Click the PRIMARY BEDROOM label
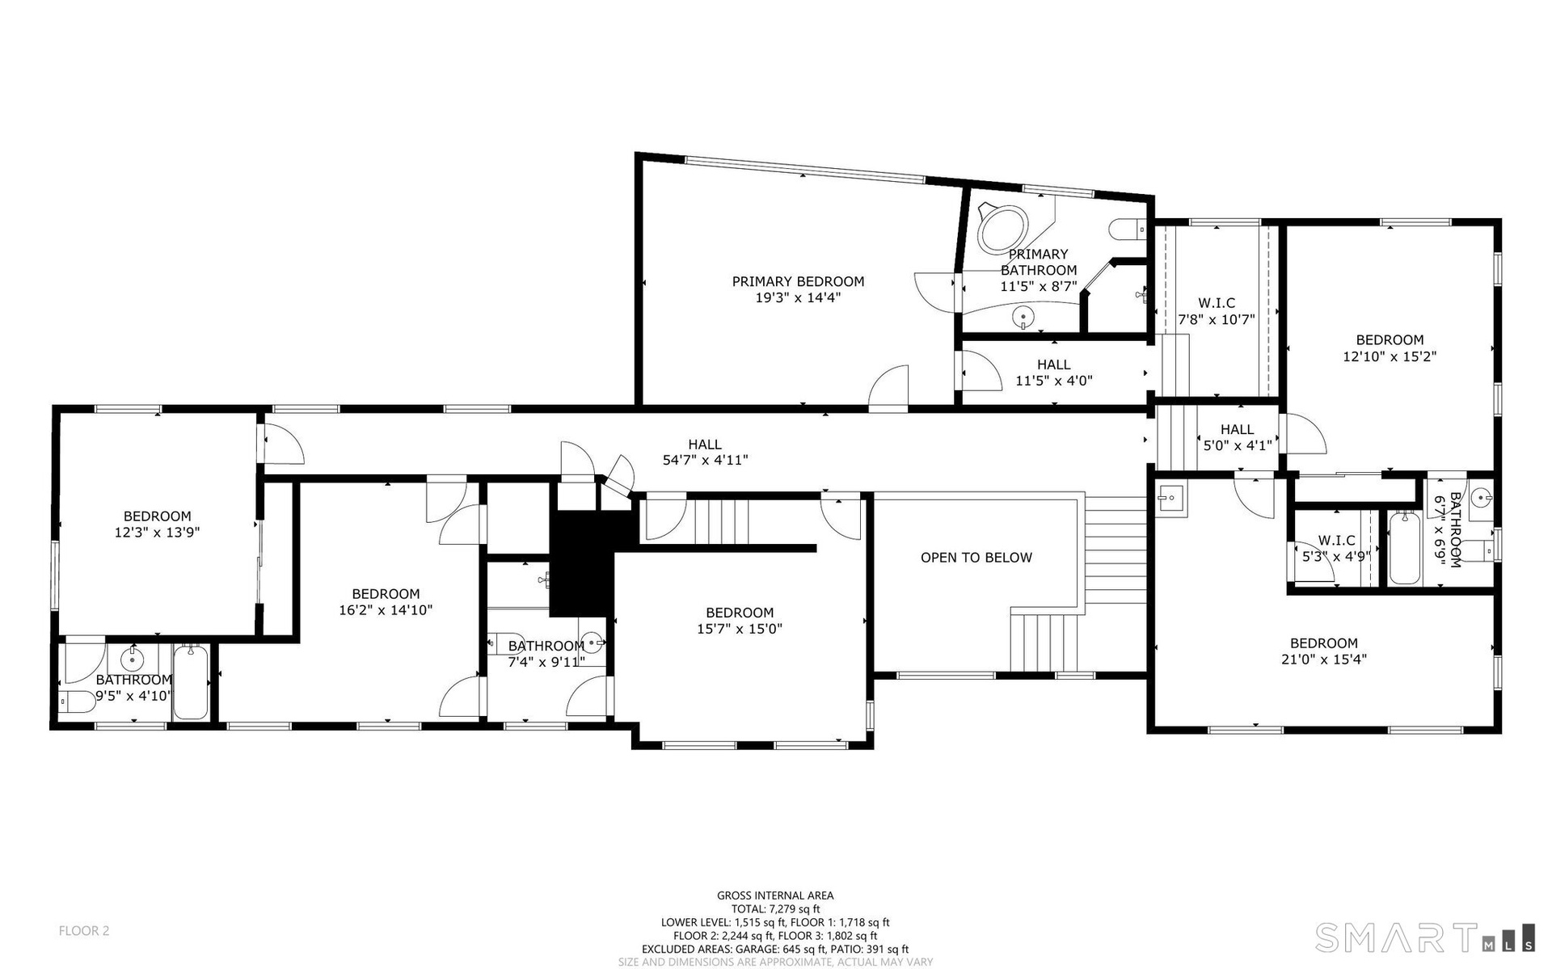798,281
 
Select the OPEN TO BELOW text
976,558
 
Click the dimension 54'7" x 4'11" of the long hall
705,461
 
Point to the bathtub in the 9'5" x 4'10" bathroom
191,681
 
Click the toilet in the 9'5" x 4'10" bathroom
75,701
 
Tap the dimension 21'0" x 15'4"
1324,659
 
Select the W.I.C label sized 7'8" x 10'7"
1217,303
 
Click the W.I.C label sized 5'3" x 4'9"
1336,541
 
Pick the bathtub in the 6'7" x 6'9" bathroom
1404,548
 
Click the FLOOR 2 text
84,931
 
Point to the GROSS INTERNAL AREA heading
775,895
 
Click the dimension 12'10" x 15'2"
1390,356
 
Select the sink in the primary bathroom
1024,316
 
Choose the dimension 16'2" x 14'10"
386,610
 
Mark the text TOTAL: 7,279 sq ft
775,909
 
